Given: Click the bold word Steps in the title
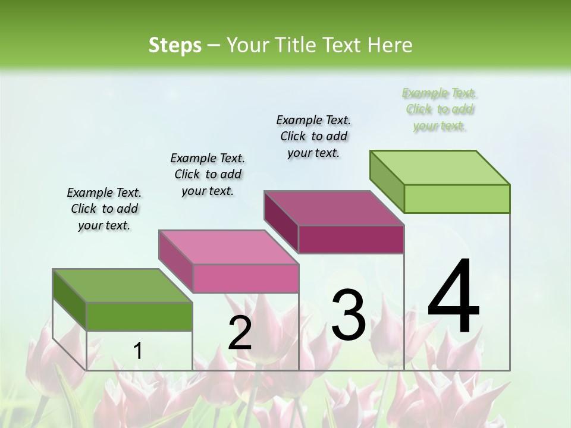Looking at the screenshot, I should (175, 45).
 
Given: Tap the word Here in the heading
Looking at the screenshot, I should (389, 45).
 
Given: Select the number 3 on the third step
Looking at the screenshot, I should (349, 315).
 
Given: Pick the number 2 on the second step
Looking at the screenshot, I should (240, 333).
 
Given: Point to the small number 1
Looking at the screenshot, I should (137, 351).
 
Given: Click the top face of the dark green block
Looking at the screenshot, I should (123, 286).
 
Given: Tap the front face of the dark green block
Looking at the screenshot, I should (139, 316).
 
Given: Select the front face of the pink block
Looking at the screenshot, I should (246, 278).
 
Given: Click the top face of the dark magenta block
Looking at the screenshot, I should (334, 208).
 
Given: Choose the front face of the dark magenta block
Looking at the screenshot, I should (351, 239).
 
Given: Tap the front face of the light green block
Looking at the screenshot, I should (457, 199).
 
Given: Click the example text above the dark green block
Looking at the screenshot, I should (104, 209).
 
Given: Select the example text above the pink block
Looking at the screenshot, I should (208, 174).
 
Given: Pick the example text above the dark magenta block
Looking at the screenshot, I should (313, 136).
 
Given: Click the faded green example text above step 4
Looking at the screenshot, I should (440, 109).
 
